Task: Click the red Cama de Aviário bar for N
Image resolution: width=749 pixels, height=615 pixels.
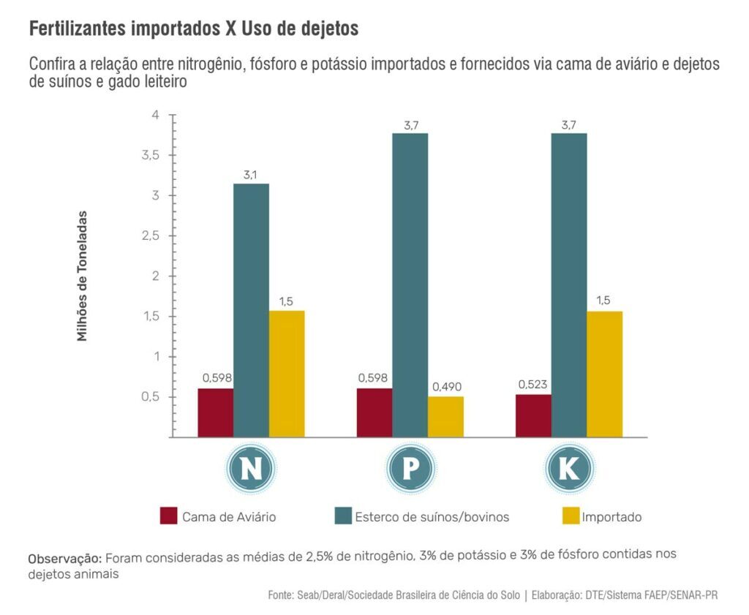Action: tap(216, 412)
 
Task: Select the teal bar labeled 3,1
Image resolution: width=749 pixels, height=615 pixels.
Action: tap(251, 310)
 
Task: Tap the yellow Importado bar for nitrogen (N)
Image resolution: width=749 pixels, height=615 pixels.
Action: tap(287, 374)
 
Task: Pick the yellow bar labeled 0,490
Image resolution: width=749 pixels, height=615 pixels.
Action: tap(445, 417)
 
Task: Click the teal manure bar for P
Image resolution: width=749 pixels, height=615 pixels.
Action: tap(410, 285)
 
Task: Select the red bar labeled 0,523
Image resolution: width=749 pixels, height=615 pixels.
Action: tap(533, 415)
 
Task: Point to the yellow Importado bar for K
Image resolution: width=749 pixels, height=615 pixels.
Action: tap(604, 374)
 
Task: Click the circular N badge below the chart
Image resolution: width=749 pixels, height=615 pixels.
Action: tap(251, 469)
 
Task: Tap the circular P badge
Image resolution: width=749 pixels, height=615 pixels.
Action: tap(410, 469)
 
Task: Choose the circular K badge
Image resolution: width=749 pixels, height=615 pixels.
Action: tap(568, 469)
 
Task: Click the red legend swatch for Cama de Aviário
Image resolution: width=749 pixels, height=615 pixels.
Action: tap(169, 516)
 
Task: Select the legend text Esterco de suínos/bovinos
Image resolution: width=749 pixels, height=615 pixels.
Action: tap(432, 517)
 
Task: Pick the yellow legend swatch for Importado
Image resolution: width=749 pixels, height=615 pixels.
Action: tap(570, 516)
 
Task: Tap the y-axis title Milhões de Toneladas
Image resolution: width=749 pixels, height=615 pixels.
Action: tap(82, 276)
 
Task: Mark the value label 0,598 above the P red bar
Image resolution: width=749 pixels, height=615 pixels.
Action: tap(373, 378)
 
